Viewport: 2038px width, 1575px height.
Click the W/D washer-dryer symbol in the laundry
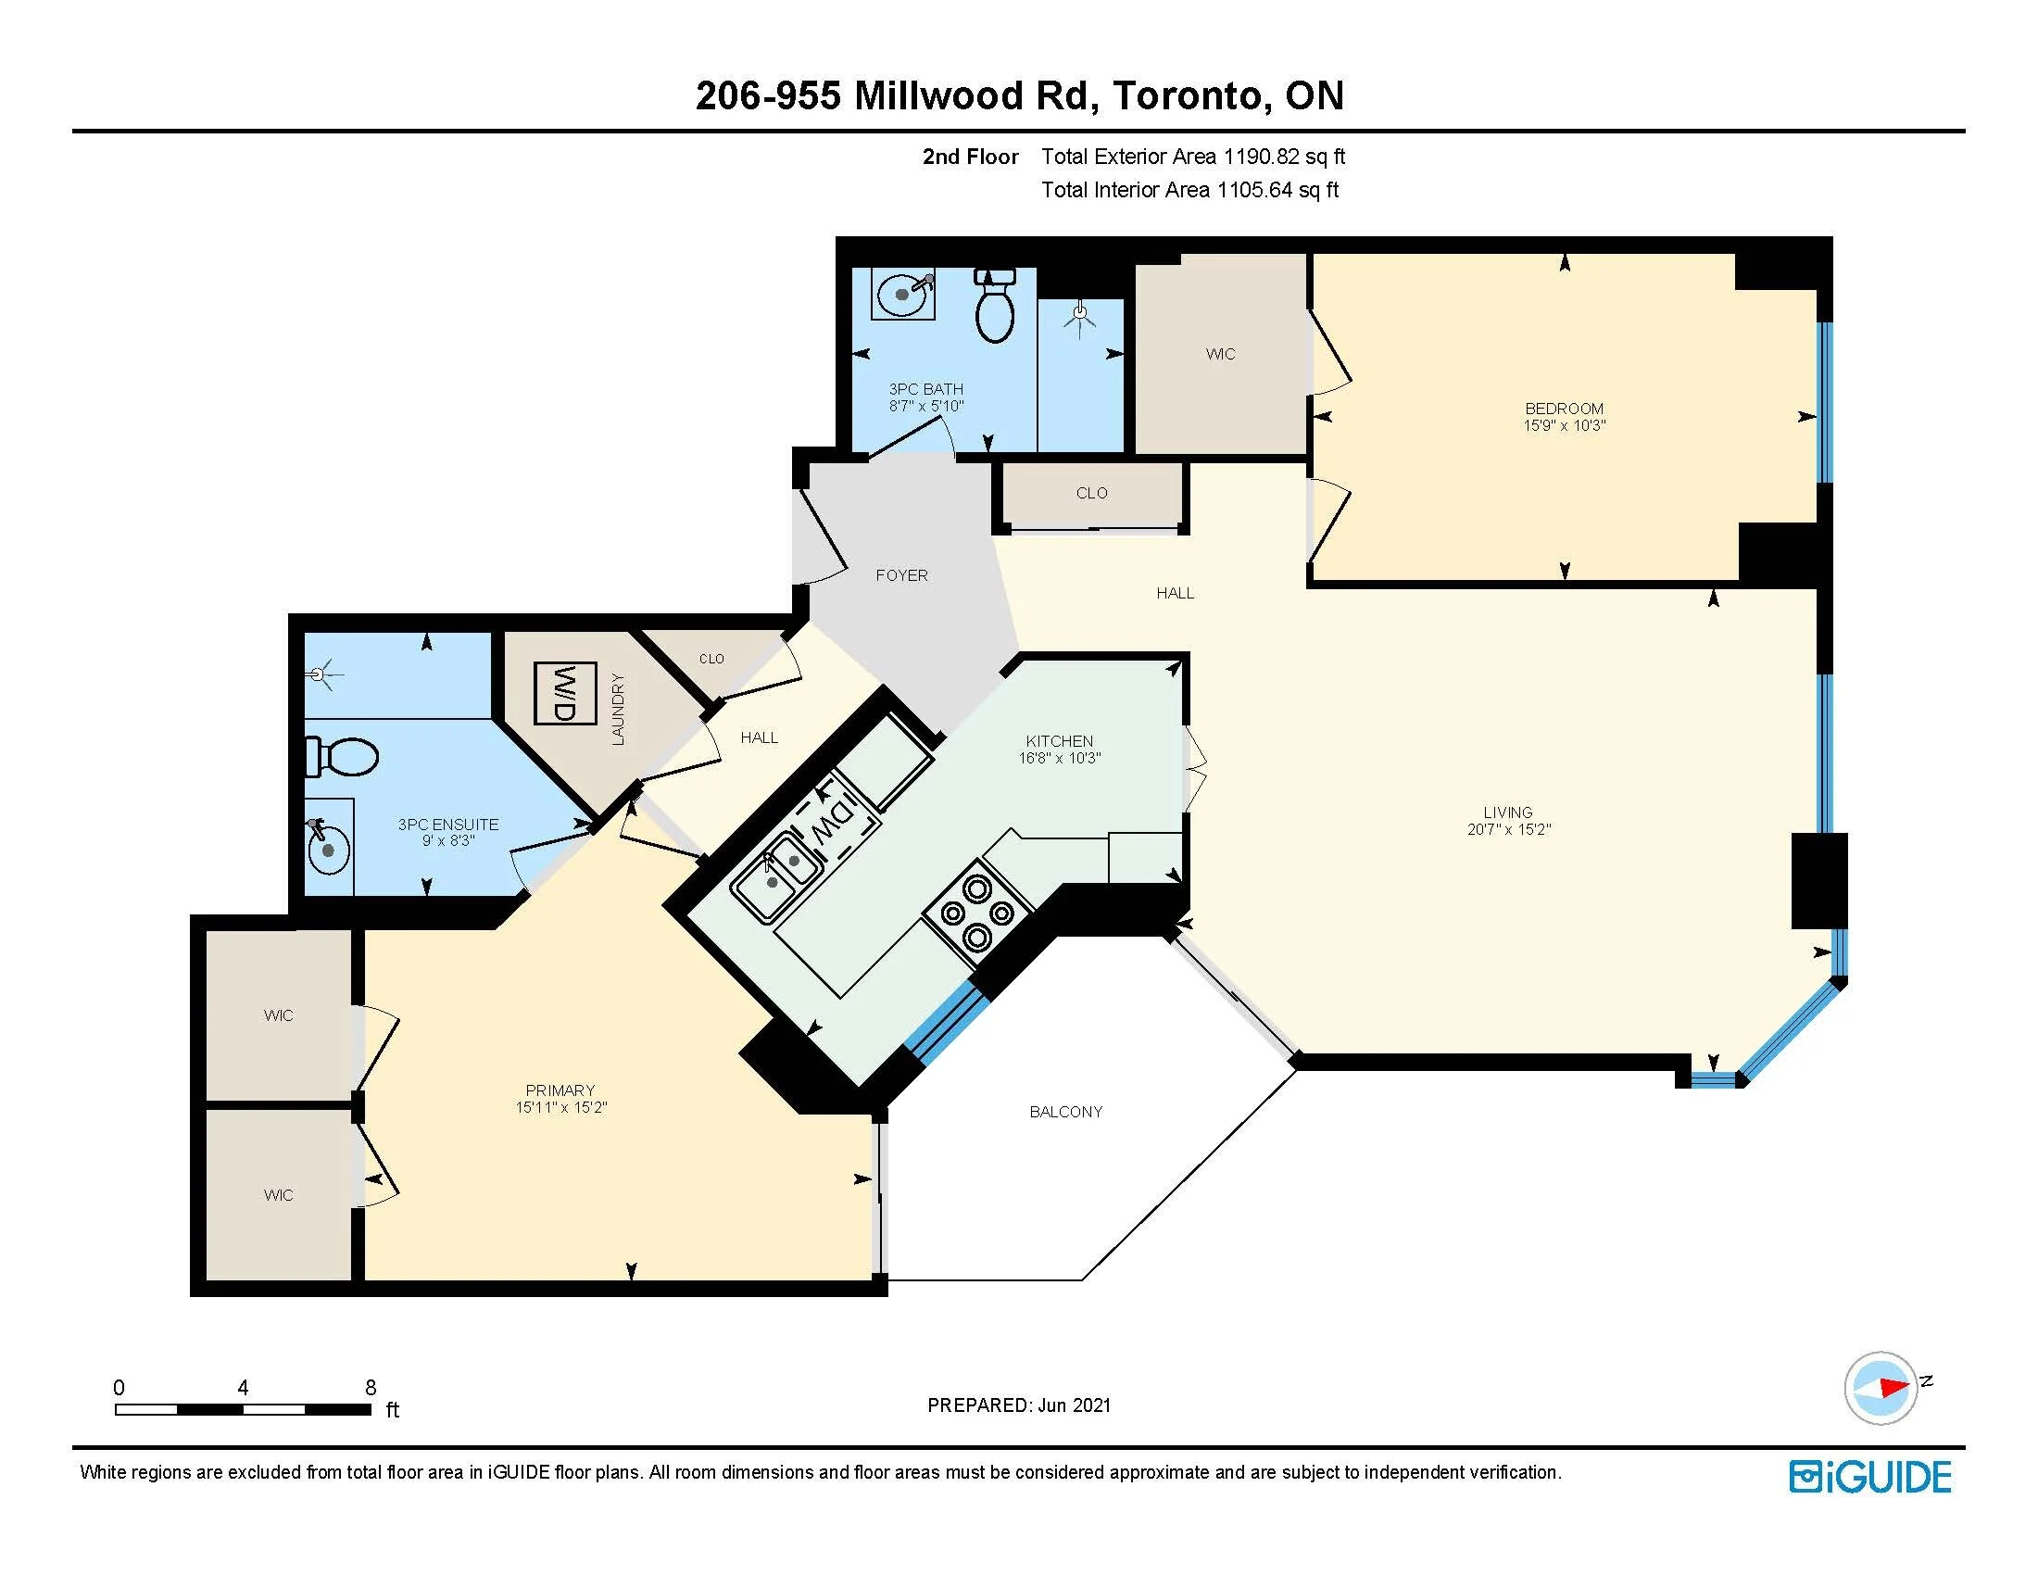(x=564, y=693)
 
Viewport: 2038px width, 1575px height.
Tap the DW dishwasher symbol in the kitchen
(x=834, y=819)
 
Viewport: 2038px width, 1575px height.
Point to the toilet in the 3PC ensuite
(x=342, y=757)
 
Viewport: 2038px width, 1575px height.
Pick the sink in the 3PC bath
(x=903, y=293)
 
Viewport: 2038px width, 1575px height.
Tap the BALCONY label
(x=1065, y=1111)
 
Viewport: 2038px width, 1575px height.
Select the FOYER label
(x=901, y=575)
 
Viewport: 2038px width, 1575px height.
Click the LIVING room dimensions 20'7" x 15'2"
(x=1508, y=829)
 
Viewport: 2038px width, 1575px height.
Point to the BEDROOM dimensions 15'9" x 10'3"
(x=1564, y=425)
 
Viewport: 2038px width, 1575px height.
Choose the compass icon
(x=1881, y=1388)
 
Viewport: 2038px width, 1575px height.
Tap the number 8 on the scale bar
(x=371, y=1388)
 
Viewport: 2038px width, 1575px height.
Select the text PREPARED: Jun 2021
(x=1019, y=1405)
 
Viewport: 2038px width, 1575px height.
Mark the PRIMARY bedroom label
(x=560, y=1090)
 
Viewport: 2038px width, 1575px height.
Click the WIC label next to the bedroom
(x=1220, y=354)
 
